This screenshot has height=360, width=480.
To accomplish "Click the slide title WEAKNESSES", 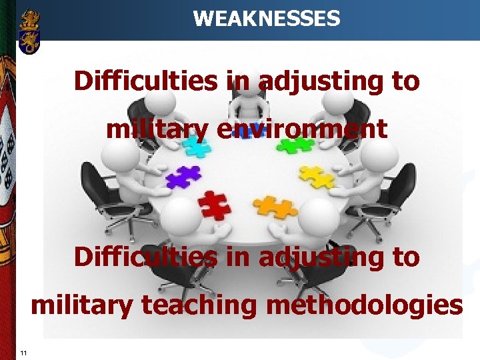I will click(x=266, y=18).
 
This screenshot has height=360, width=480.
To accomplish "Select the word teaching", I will click(x=196, y=305).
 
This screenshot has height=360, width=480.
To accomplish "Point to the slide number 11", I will click(x=23, y=353).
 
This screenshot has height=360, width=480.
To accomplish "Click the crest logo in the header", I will click(x=30, y=31).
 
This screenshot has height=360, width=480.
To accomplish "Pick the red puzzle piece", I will click(x=214, y=204).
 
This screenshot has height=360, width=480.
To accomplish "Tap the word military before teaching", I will click(x=82, y=305).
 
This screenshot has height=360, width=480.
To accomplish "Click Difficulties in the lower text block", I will click(x=145, y=257).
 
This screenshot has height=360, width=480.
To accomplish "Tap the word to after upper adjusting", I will click(x=404, y=81).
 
